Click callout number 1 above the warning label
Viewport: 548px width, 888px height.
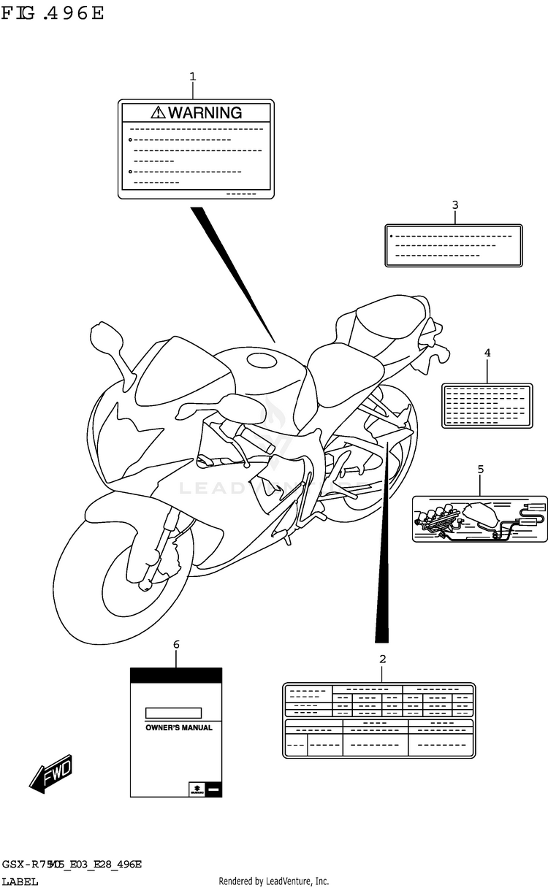tap(193, 76)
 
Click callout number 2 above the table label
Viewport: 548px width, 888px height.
tap(382, 659)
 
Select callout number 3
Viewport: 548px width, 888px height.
tap(454, 205)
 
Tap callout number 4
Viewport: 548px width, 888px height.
tap(487, 353)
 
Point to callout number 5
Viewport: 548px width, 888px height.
tap(480, 469)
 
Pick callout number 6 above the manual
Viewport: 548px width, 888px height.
tap(176, 644)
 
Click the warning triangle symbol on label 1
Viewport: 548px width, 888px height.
tap(159, 112)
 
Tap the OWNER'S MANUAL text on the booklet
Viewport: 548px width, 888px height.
tap(179, 728)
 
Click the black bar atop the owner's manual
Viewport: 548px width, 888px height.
tap(176, 675)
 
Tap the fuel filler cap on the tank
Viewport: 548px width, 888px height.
tap(262, 361)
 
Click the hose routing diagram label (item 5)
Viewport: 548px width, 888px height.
tap(480, 518)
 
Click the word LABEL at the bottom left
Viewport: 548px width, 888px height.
tap(20, 881)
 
